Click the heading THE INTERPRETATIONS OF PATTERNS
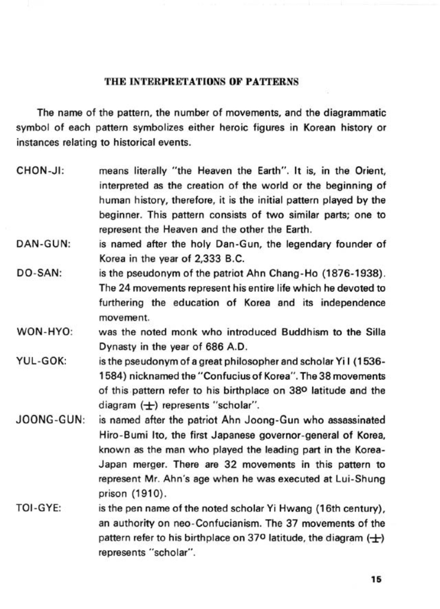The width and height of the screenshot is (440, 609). pos(201,82)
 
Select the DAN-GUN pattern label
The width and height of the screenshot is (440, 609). pos(43,244)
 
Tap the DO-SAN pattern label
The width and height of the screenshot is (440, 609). pos(39,273)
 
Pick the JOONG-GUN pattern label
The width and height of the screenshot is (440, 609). pos(51,420)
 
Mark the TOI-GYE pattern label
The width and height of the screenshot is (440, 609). pos(38,509)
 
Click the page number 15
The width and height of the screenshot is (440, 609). pos(376,579)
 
